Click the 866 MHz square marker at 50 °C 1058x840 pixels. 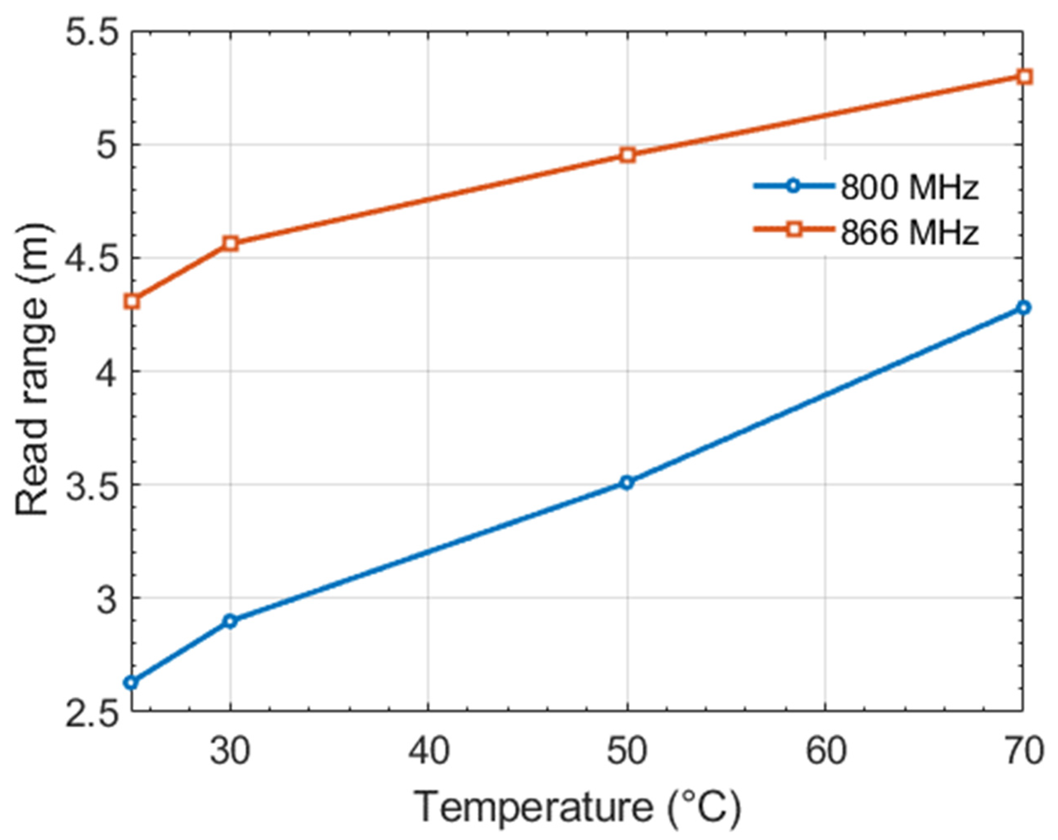point(627,155)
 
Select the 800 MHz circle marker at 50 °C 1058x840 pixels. point(626,483)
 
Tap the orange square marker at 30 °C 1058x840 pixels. point(230,243)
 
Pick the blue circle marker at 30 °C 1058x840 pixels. point(230,621)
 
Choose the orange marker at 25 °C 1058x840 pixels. point(132,301)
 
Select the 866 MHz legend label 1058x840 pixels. point(909,232)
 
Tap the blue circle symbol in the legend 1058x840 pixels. point(793,186)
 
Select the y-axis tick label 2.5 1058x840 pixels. point(93,715)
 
